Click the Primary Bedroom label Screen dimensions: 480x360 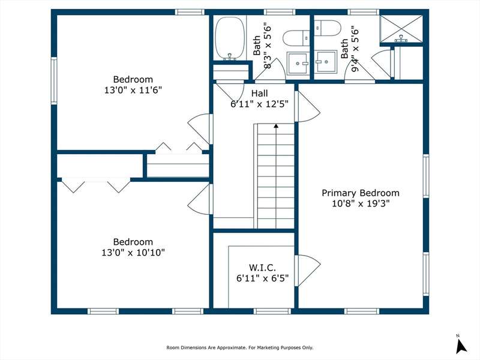[x=361, y=193]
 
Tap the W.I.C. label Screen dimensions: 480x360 [x=262, y=268]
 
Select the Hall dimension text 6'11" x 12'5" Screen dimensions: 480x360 [x=260, y=104]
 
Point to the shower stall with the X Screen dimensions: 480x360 [x=401, y=28]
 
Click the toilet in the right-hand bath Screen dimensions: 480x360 [x=328, y=28]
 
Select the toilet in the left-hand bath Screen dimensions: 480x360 [x=296, y=38]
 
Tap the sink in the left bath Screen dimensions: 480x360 [x=298, y=63]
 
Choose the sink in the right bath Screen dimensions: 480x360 [x=326, y=62]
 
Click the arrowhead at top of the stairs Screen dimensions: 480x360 [x=276, y=125]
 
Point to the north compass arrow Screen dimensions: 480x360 [x=461, y=346]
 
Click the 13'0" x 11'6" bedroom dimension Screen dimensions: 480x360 [x=133, y=90]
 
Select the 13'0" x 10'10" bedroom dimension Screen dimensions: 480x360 [x=133, y=253]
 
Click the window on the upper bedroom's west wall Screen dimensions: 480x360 [x=54, y=81]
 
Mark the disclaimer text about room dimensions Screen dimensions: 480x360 [x=239, y=347]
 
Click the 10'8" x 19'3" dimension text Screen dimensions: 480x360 [x=361, y=203]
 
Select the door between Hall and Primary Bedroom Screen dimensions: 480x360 [x=307, y=107]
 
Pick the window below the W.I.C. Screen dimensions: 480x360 [x=272, y=311]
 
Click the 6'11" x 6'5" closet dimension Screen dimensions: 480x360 [x=262, y=278]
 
